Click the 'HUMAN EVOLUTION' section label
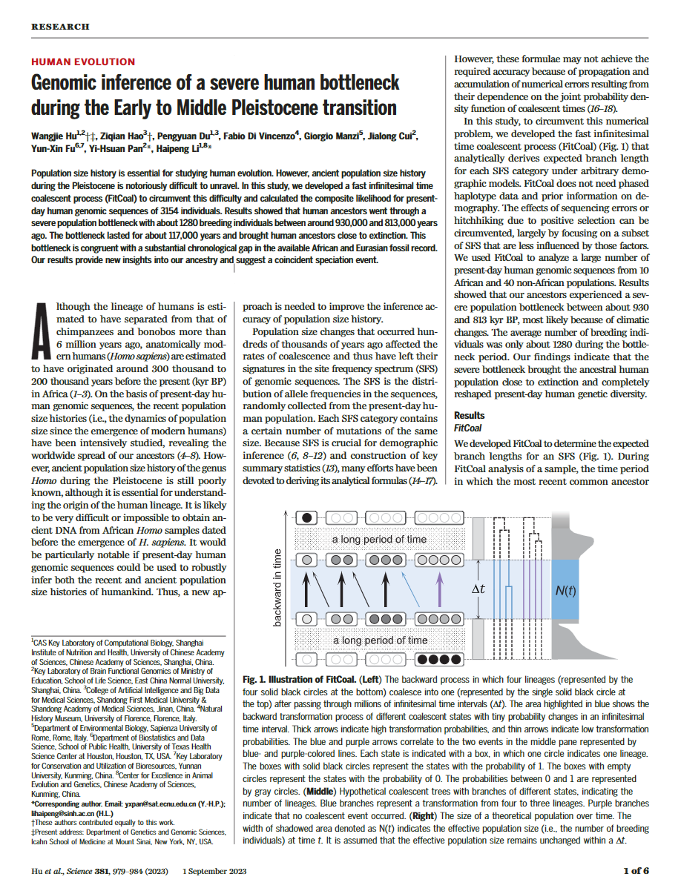pos(83,62)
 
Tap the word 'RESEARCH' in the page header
pos(60,27)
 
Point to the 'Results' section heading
pos(469,416)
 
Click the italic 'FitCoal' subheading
pos(467,428)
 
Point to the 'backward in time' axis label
pos(278,588)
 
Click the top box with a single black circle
pos(311,517)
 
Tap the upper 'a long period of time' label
pos(379,539)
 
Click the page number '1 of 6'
pos(636,871)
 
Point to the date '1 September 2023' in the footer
pos(214,872)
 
